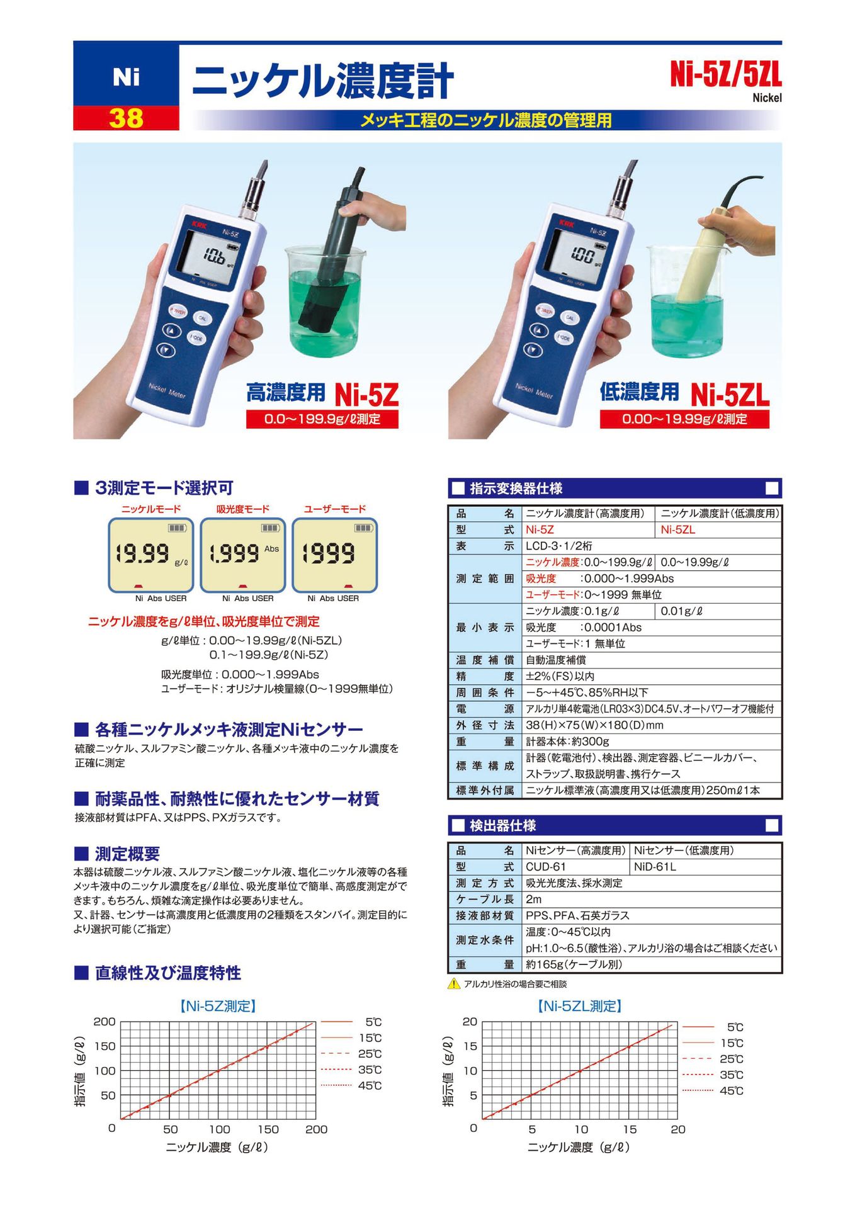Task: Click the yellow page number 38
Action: point(126,118)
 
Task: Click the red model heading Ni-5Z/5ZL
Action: point(725,76)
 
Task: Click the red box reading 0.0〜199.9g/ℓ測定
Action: point(322,419)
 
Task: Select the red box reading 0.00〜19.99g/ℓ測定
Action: point(684,419)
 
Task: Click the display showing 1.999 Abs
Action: point(243,555)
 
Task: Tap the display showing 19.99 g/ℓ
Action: point(150,555)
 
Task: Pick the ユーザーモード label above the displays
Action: point(334,509)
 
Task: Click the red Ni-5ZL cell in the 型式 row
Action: point(678,529)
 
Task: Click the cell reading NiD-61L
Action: point(655,867)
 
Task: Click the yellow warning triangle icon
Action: point(454,984)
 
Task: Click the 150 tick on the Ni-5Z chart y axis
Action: point(105,1046)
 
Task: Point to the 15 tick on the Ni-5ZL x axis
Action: point(630,1129)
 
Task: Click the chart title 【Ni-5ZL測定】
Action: point(580,1006)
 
